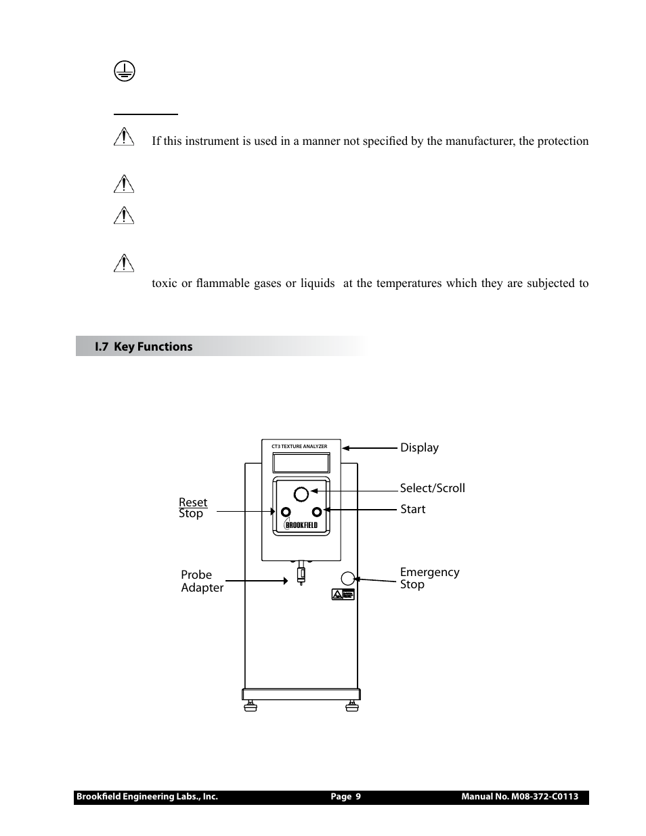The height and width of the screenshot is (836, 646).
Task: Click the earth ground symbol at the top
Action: [124, 71]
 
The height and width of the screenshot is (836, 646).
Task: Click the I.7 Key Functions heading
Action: [144, 347]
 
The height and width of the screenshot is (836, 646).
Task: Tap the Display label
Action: [419, 447]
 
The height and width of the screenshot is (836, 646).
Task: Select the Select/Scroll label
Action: [432, 488]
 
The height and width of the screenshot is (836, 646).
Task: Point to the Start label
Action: [412, 509]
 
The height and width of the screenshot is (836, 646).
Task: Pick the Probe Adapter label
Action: [201, 581]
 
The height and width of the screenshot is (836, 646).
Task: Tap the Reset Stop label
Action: [192, 508]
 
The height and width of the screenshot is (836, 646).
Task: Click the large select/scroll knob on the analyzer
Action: [301, 492]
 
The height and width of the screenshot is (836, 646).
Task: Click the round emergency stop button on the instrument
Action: [347, 578]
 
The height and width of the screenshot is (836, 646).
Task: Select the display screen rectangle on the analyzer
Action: [301, 463]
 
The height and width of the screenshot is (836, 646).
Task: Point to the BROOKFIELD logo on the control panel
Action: [301, 525]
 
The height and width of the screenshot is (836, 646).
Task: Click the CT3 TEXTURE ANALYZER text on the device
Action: [299, 447]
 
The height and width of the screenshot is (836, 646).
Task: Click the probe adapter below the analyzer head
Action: [301, 575]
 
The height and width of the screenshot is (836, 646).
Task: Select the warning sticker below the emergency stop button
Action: [343, 594]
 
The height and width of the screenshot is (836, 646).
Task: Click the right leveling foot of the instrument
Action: [351, 706]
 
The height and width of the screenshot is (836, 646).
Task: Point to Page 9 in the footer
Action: [345, 797]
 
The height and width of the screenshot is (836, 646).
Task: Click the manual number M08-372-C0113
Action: [519, 797]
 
